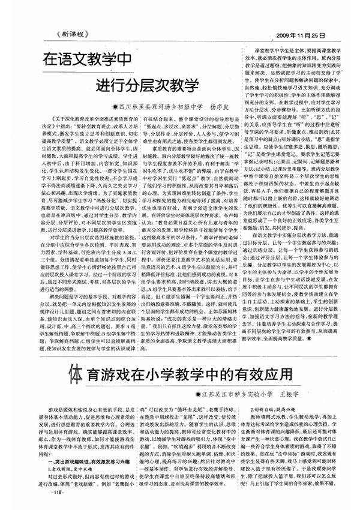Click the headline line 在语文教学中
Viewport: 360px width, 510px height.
(x=86, y=61)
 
